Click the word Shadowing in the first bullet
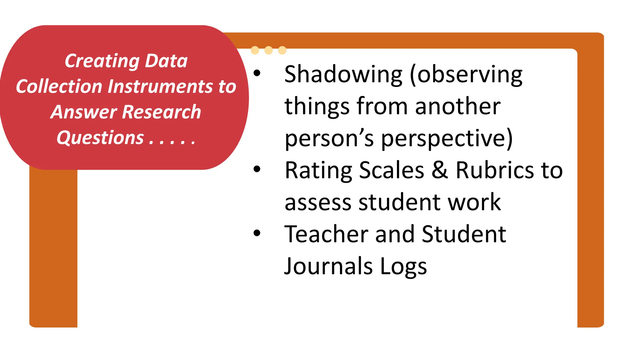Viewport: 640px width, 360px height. (343, 75)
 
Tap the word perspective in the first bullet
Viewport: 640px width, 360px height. (447, 138)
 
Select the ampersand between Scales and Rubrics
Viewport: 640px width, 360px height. (440, 170)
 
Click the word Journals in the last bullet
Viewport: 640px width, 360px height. (328, 266)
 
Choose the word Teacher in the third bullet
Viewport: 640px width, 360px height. (326, 234)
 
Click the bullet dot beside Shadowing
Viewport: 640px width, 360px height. (257, 73)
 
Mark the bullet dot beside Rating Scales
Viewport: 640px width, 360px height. (257, 169)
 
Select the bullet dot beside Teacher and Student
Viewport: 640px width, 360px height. (257, 233)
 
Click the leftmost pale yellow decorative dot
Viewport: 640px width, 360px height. (255, 50)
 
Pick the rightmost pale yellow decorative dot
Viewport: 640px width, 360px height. (282, 50)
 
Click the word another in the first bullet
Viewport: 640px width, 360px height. (458, 107)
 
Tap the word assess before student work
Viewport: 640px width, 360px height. (318, 202)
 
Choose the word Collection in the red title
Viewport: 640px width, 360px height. (59, 86)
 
